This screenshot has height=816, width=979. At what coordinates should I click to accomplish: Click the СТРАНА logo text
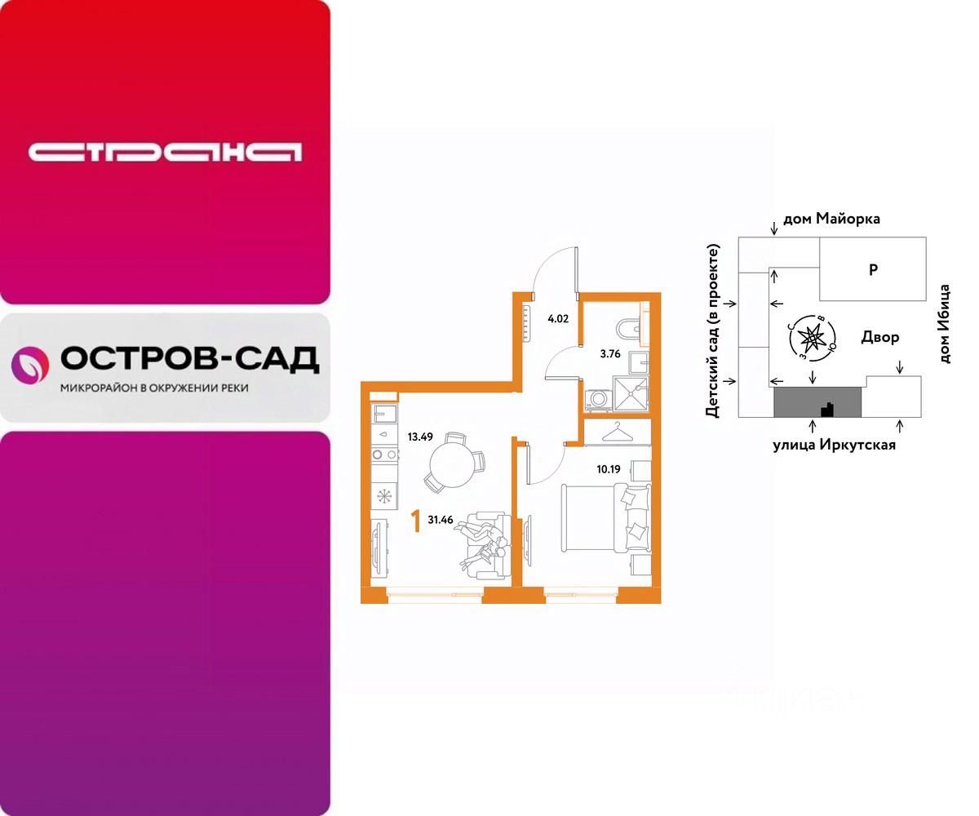[x=165, y=152]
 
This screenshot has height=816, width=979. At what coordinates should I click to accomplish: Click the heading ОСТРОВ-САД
[x=189, y=358]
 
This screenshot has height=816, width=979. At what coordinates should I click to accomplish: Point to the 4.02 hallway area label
[x=558, y=319]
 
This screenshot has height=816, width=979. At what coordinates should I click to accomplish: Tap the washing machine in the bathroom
[x=597, y=399]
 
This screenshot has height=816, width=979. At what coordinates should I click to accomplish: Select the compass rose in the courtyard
[x=813, y=336]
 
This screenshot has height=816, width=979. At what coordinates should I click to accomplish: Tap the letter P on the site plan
[x=873, y=269]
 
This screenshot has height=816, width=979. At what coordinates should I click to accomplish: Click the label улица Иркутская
[x=835, y=445]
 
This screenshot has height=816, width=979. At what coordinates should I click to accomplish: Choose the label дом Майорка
[x=831, y=219]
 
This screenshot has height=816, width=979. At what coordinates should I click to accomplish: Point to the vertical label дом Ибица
[x=945, y=324]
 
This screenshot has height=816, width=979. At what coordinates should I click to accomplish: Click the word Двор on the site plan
[x=880, y=337]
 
